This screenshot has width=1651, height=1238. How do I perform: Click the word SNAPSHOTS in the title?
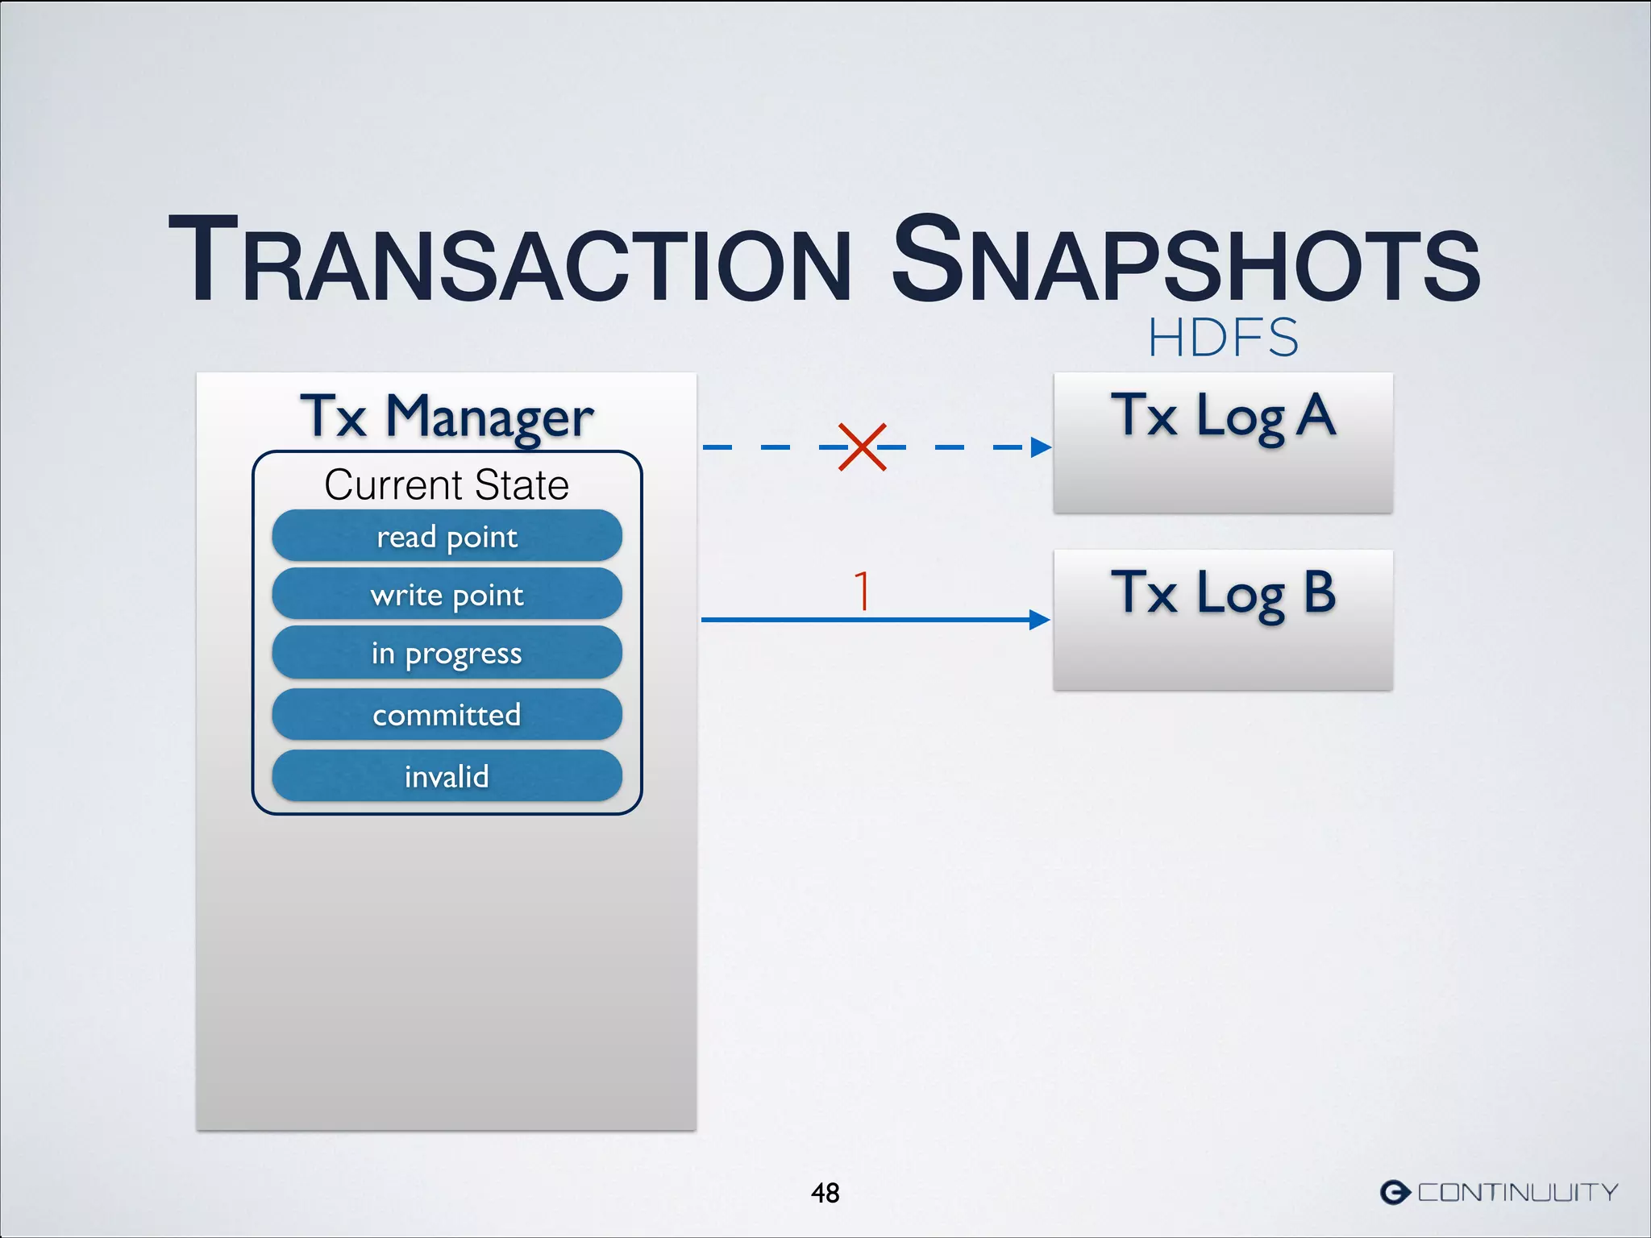click(1185, 262)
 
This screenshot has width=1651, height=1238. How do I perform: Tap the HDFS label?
click(1223, 338)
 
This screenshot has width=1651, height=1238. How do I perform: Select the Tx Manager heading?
click(447, 418)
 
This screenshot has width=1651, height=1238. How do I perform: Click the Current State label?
click(447, 485)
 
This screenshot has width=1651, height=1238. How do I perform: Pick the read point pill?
click(447, 536)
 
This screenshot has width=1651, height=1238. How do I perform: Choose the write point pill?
click(447, 595)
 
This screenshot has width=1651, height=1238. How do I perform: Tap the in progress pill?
click(447, 654)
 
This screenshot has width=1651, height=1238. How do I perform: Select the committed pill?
click(447, 715)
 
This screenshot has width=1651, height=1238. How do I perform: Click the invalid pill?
click(447, 776)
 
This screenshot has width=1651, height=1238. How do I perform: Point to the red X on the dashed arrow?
click(862, 447)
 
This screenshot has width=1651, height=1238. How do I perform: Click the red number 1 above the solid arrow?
click(863, 591)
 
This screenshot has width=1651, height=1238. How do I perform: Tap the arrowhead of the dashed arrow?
click(1041, 447)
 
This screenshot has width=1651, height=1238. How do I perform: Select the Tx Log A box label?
click(1223, 418)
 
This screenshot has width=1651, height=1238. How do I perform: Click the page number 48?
click(825, 1192)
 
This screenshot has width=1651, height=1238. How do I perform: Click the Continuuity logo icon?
click(1395, 1191)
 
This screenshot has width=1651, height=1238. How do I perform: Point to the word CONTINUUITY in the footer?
click(1517, 1192)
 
